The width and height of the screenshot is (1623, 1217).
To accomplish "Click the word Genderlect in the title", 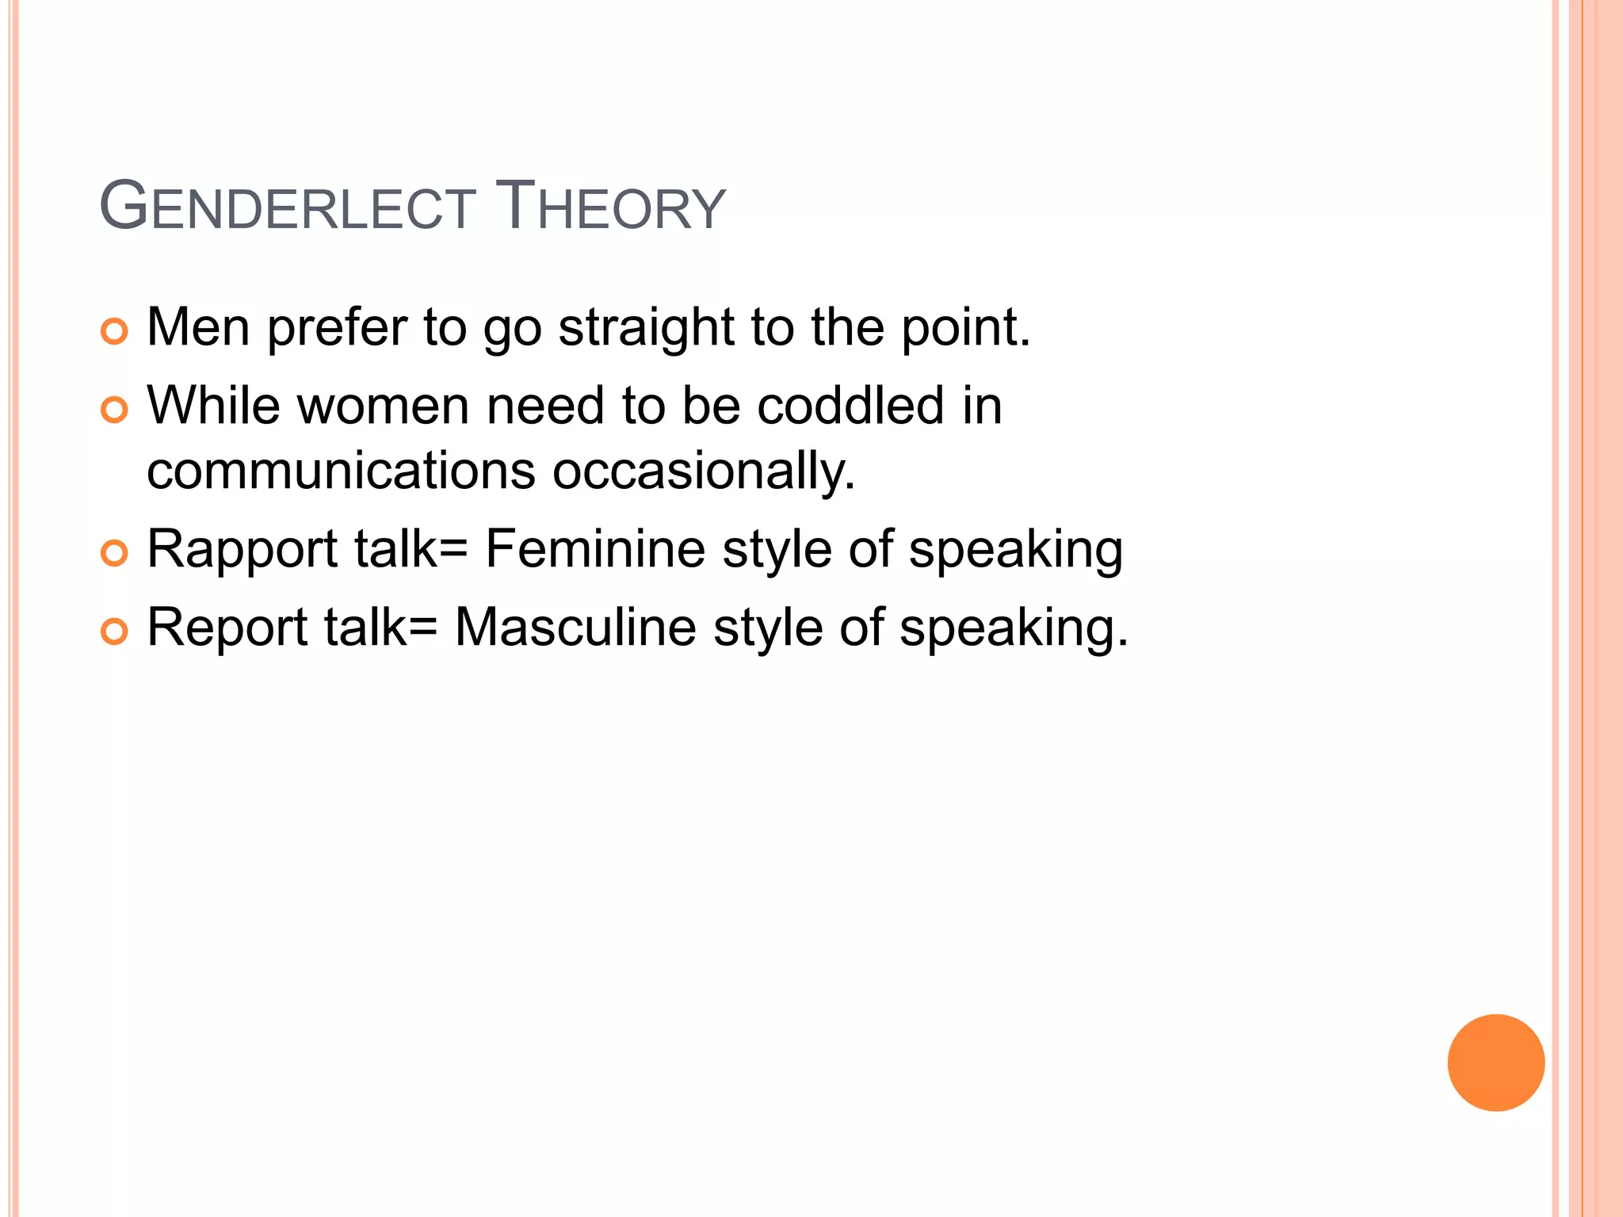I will point(287,208).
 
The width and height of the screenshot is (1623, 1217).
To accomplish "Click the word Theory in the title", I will point(609,208).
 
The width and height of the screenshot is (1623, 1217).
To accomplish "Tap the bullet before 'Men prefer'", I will point(115,331).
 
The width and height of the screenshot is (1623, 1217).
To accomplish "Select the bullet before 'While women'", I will point(115,410).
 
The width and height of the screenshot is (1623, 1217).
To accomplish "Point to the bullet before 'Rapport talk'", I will point(115,553).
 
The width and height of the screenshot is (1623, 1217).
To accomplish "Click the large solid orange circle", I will point(1495,1062).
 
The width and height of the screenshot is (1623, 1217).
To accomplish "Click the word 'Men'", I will point(198,326).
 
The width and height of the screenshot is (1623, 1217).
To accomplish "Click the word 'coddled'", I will point(850,406).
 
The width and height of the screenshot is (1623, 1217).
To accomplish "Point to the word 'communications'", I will point(342,471).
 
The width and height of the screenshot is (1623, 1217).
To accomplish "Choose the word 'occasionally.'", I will point(704,472).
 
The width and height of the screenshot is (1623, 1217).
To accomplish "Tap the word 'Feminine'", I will point(594,548).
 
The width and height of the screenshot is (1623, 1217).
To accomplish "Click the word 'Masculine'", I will point(575,628).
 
